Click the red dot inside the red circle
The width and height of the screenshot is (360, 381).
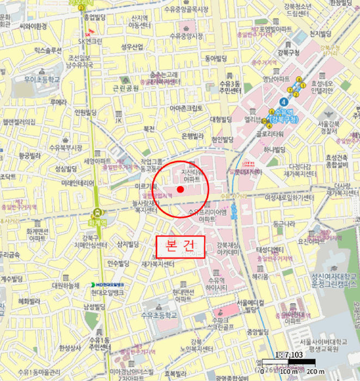[180, 189]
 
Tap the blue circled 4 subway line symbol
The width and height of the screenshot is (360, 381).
[283, 102]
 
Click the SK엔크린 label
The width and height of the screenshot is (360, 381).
[90, 41]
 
